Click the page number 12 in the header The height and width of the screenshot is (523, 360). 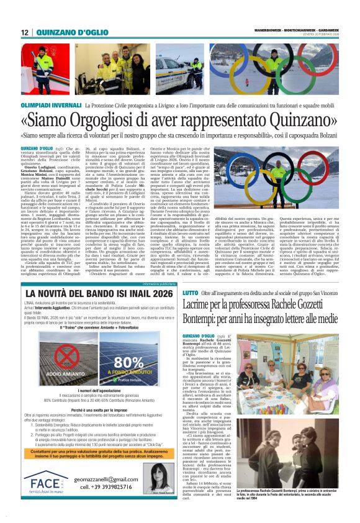coord(25,33)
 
